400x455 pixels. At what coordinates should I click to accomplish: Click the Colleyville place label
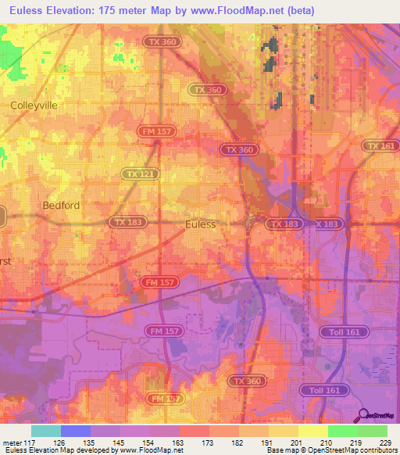(x=34, y=104)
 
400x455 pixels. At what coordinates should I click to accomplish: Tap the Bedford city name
(x=61, y=205)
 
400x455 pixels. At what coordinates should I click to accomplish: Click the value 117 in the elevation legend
(x=24, y=442)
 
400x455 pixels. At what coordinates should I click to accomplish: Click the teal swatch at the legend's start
(x=45, y=431)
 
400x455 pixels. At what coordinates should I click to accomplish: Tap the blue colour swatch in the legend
(x=75, y=431)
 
